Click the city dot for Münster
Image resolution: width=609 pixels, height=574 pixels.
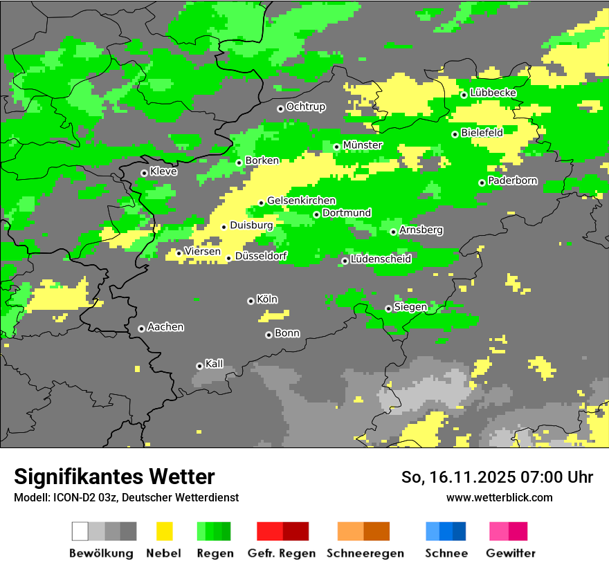click(x=336, y=147)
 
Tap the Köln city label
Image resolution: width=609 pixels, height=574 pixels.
click(x=267, y=299)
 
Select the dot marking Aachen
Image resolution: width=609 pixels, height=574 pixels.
click(x=141, y=328)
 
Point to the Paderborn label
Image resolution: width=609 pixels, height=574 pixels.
click(x=512, y=181)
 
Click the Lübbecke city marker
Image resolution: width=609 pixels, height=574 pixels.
click(x=464, y=95)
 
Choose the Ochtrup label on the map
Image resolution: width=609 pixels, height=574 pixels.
click(x=305, y=107)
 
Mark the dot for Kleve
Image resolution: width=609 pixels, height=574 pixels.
click(x=144, y=173)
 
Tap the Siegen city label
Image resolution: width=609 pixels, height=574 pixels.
click(x=410, y=307)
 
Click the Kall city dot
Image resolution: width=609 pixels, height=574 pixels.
click(x=199, y=366)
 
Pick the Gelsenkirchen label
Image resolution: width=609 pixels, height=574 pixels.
click(x=301, y=201)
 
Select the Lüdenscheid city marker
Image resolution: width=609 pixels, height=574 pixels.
click(x=345, y=261)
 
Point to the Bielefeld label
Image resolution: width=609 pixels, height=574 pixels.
click(x=482, y=132)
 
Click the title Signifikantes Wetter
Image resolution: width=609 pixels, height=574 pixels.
click(x=114, y=476)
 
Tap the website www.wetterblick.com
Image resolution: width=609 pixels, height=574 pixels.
click(x=500, y=497)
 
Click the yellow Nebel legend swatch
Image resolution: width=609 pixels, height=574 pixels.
click(x=164, y=531)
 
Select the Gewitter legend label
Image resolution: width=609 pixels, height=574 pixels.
click(x=511, y=553)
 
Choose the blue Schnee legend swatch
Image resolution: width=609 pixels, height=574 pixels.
click(x=446, y=531)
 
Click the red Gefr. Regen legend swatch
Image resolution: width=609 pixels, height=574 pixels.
click(x=282, y=531)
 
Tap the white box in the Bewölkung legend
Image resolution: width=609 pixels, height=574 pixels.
click(x=80, y=531)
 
